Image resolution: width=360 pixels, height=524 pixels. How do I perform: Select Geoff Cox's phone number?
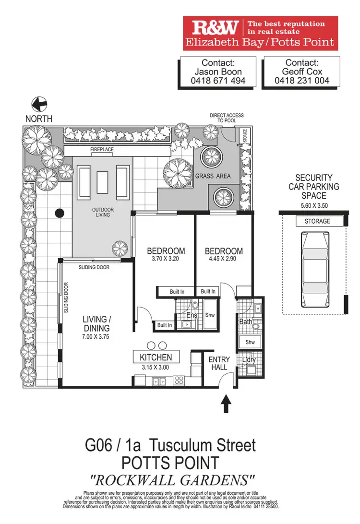(302, 81)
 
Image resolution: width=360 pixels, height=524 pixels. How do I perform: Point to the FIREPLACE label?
(102, 150)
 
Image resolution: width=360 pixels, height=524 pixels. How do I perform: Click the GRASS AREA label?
(213, 176)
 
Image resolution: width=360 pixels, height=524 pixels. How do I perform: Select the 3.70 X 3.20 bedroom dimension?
(166, 260)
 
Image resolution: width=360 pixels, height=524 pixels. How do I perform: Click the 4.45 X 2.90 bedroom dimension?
(224, 260)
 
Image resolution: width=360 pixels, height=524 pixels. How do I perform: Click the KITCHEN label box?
(156, 357)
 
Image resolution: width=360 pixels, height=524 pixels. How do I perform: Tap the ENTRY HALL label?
(219, 363)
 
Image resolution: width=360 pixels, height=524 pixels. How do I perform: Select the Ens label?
(192, 315)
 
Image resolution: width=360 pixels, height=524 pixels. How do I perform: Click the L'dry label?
(249, 360)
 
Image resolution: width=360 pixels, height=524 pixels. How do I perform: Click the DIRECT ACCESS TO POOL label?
(227, 118)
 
